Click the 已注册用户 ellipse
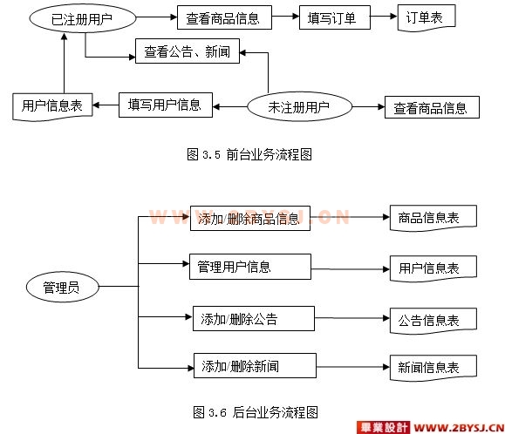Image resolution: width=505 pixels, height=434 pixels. [x=83, y=18]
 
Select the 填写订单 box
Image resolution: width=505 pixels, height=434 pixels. [x=335, y=17]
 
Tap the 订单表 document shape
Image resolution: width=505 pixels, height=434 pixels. [x=427, y=17]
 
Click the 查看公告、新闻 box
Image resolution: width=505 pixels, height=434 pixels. [x=188, y=51]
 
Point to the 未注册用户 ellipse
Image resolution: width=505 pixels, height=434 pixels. [x=299, y=106]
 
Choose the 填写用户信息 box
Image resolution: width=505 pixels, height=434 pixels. [x=166, y=105]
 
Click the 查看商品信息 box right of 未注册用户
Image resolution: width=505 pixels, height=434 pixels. [x=432, y=107]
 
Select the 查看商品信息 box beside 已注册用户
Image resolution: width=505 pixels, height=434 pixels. [x=224, y=17]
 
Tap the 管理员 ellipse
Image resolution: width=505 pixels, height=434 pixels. [x=63, y=287]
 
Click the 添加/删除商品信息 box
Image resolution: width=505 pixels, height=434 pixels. [x=250, y=218]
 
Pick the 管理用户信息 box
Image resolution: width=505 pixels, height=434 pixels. [x=250, y=267]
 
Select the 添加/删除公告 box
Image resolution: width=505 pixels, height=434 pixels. [x=254, y=318]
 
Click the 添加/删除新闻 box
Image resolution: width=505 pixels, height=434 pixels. [x=255, y=365]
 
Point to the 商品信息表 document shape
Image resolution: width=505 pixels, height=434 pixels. [x=433, y=218]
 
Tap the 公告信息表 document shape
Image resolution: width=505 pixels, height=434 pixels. [x=433, y=321]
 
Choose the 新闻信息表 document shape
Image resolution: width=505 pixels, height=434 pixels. [x=433, y=368]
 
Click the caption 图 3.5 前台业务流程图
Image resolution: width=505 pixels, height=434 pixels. [x=249, y=154]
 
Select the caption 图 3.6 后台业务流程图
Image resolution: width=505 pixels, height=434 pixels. [x=256, y=412]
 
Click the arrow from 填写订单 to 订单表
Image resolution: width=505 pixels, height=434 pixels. [x=384, y=16]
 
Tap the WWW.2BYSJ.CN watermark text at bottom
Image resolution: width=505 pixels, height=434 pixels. [x=459, y=428]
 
